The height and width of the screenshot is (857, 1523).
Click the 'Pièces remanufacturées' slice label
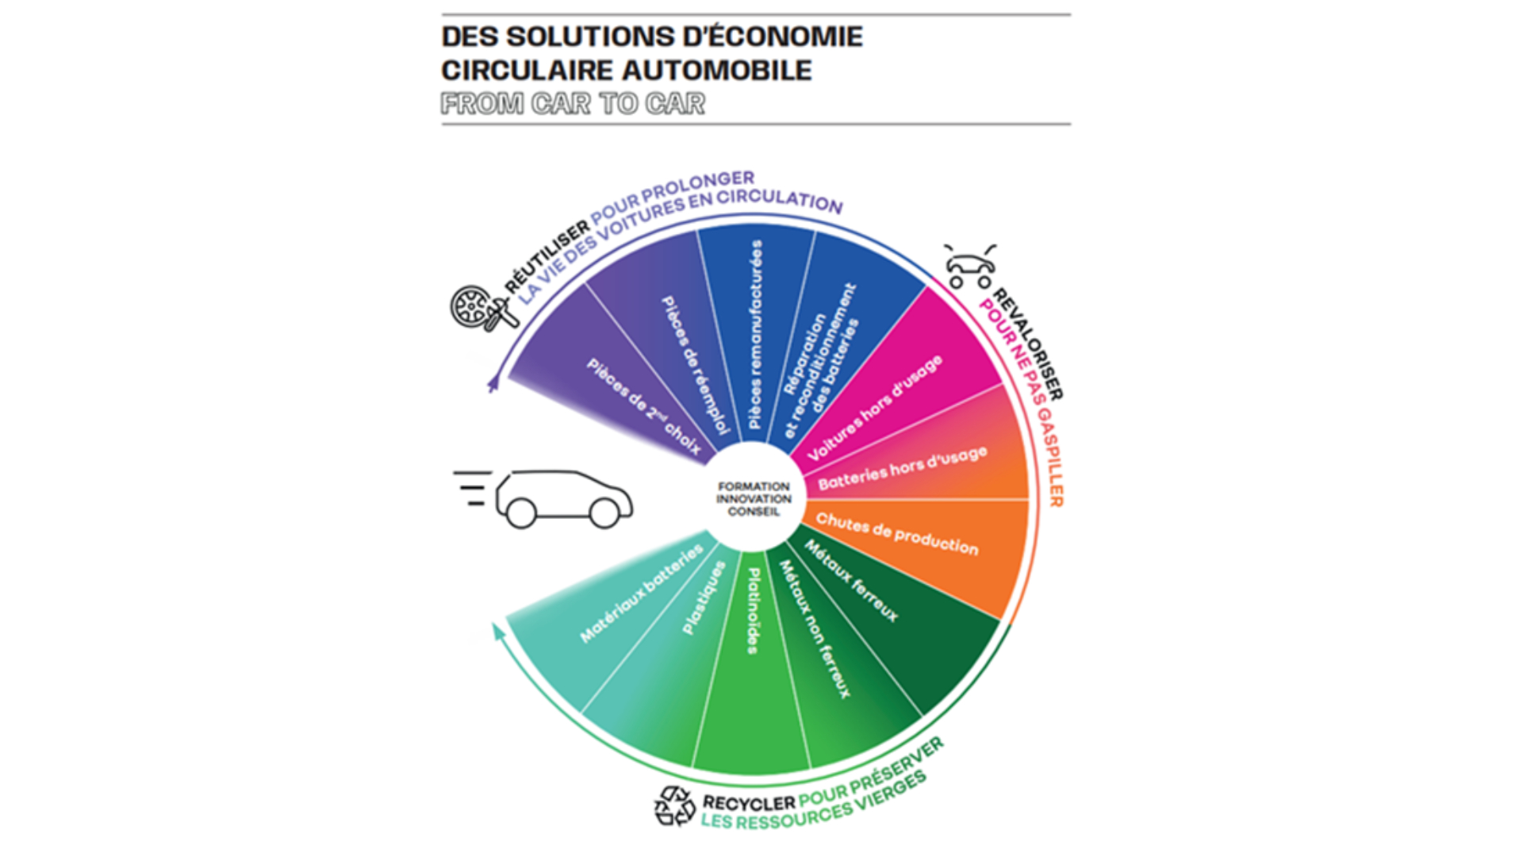(756, 334)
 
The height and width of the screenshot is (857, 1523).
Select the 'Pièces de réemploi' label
(695, 366)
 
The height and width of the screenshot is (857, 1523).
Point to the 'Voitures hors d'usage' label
(875, 408)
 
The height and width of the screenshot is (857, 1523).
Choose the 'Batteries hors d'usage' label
(903, 468)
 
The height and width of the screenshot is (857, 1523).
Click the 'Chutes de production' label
(897, 533)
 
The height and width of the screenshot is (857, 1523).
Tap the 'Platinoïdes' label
(754, 610)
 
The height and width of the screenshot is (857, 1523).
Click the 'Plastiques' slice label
(704, 598)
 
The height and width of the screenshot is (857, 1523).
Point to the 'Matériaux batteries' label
(642, 593)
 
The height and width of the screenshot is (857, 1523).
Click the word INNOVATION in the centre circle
(754, 499)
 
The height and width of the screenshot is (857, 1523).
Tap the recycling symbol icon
(674, 806)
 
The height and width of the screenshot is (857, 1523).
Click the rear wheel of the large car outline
(520, 513)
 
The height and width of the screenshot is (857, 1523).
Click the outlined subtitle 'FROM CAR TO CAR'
(573, 104)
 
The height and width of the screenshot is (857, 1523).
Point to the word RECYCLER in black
(748, 803)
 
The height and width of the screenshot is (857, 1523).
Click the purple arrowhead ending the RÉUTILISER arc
(493, 384)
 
